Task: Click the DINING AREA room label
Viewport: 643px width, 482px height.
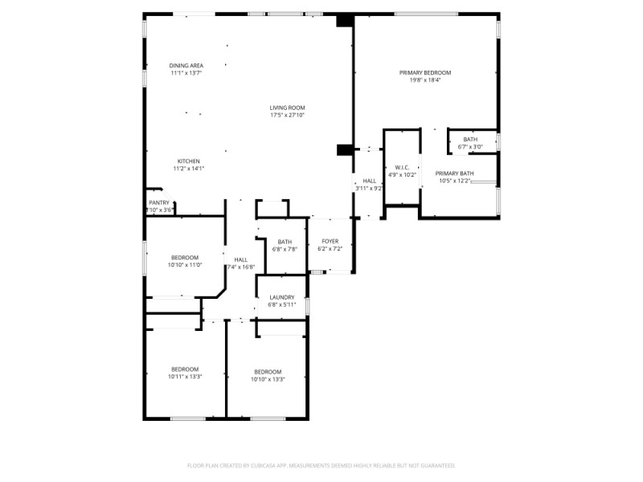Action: [186, 65]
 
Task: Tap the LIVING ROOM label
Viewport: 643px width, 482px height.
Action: [287, 108]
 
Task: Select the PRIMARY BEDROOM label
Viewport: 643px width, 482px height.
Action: [425, 72]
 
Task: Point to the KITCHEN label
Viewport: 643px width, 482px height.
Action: [189, 161]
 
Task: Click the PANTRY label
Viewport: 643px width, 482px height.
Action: [159, 202]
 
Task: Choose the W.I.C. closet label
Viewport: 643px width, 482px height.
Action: [402, 167]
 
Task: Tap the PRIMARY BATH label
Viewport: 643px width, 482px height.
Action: [454, 174]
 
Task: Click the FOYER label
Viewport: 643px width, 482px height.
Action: [330, 241]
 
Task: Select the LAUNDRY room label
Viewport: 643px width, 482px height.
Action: [281, 297]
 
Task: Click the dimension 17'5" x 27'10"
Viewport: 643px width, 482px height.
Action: [287, 115]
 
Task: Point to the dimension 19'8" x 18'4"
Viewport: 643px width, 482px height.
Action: [425, 80]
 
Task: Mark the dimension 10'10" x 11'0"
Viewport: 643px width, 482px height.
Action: [184, 265]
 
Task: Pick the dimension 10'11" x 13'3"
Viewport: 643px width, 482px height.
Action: [184, 376]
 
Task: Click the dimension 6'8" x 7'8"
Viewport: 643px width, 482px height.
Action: [285, 249]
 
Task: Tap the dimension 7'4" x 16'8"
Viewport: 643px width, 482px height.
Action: [240, 267]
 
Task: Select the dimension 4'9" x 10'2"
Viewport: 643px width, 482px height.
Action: [402, 174]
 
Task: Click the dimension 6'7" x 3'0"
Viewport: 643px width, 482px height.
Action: [470, 147]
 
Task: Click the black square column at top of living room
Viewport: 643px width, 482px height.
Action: [345, 21]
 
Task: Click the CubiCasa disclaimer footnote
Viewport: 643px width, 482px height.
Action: [321, 465]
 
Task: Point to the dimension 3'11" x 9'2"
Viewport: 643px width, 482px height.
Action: [370, 188]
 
